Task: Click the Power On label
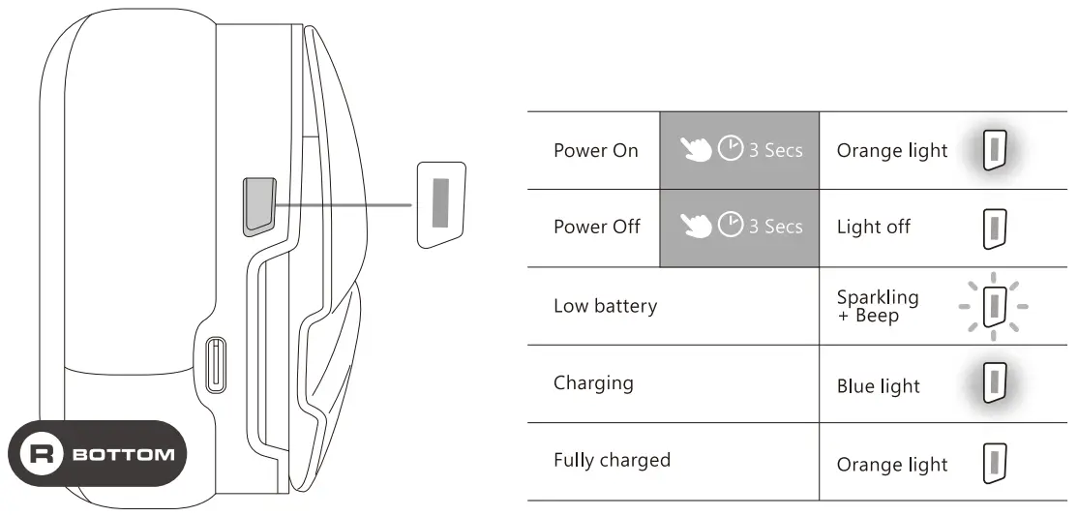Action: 595,151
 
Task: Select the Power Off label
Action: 596,228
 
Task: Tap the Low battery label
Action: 605,306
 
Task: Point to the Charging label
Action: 593,382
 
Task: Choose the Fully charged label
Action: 612,460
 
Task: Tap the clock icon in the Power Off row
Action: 732,226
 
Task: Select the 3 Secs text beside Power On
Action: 775,150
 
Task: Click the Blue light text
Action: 878,386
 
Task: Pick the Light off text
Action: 873,228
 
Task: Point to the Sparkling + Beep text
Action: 878,306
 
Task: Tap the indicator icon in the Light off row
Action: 991,228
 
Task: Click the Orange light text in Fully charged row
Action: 891,465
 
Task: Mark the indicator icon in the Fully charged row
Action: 991,461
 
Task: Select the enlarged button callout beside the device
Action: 440,204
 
